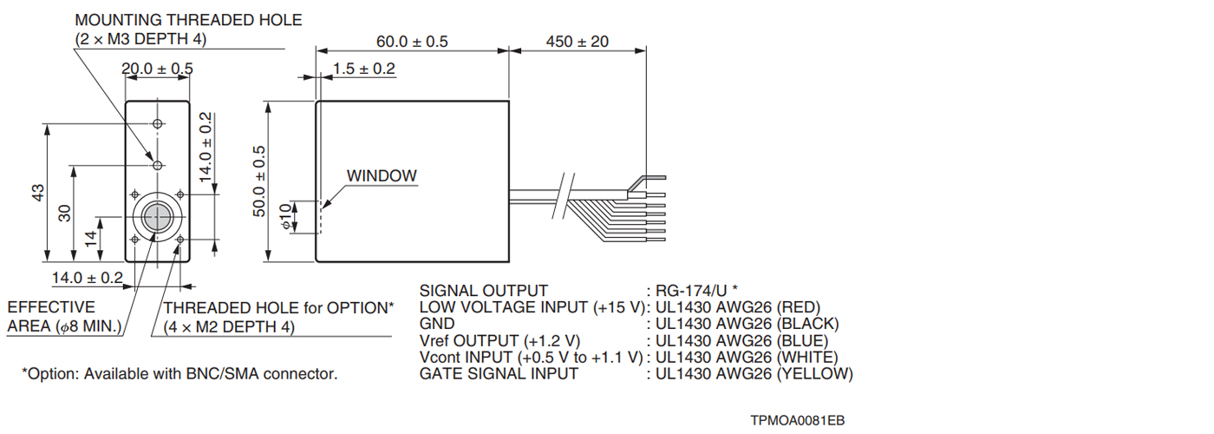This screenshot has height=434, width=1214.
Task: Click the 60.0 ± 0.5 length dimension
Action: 412,42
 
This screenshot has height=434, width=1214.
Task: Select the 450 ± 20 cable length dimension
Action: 578,42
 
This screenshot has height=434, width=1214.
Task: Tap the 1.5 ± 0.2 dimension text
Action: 364,69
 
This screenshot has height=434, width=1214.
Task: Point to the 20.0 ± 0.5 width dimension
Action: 157,69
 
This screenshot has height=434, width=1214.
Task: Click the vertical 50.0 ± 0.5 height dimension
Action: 259,181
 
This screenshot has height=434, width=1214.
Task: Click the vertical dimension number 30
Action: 64,213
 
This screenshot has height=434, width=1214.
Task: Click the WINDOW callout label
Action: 382,175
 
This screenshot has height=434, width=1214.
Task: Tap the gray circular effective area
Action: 157,217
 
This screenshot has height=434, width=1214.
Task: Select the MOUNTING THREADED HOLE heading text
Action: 188,20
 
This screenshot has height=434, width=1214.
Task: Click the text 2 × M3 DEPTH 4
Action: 141,39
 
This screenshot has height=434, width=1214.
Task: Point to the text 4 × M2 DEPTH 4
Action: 229,327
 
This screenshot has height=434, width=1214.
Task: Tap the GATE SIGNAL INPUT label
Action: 498,374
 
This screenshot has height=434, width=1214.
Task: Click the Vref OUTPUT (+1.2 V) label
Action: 499,341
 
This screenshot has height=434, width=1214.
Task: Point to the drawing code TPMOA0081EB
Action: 798,421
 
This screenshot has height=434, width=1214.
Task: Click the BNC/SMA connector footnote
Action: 179,374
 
